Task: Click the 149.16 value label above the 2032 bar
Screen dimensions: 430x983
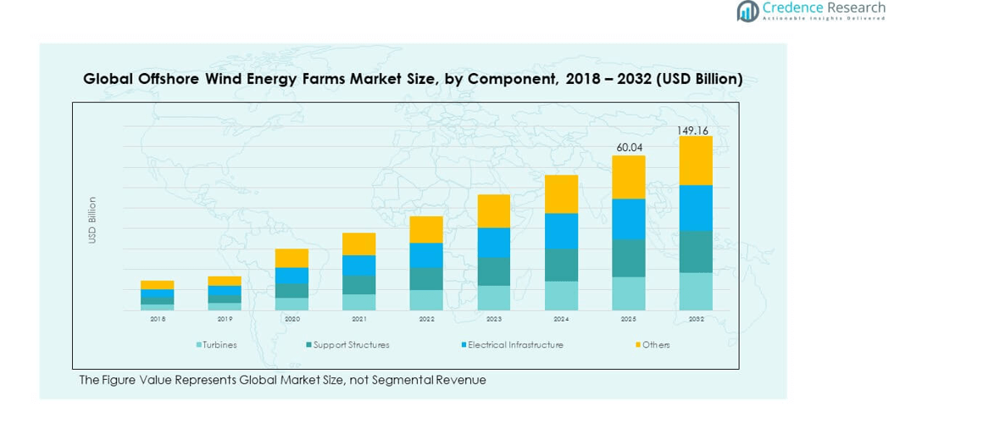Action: click(692, 131)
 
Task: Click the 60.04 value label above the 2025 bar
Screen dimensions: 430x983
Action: click(629, 148)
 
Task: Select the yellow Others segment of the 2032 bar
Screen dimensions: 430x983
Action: click(696, 160)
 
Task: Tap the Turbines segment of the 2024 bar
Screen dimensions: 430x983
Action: click(561, 295)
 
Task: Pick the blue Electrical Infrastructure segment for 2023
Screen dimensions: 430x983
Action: click(494, 243)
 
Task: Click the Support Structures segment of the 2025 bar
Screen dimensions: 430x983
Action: click(629, 258)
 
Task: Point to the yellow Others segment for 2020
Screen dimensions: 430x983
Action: click(292, 258)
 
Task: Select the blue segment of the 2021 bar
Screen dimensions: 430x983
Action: click(359, 265)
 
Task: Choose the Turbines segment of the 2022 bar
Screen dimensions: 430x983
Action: click(426, 300)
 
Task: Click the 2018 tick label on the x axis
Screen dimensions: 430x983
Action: click(158, 320)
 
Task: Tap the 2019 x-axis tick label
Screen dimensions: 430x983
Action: click(225, 320)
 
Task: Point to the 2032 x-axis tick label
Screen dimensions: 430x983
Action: click(696, 320)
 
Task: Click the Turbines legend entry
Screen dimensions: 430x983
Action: click(218, 345)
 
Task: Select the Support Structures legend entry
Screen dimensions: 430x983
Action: click(348, 345)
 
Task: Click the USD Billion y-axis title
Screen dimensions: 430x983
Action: click(92, 221)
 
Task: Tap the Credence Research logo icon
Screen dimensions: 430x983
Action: click(747, 11)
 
